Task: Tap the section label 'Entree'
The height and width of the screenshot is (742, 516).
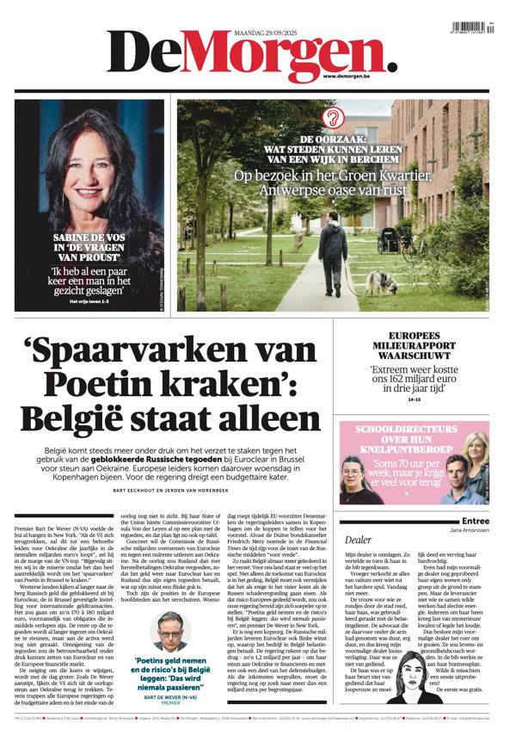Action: point(476,521)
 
